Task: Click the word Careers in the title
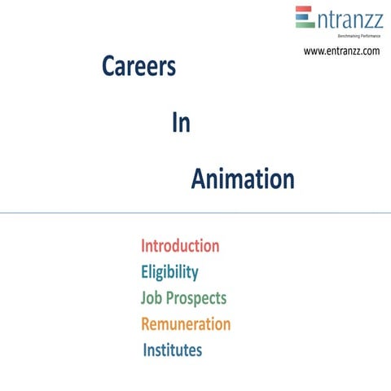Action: point(138,68)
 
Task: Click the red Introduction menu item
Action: point(180,245)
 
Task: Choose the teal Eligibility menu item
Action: point(169,271)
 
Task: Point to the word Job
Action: point(152,298)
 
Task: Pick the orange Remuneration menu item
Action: point(186,324)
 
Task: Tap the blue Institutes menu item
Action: point(173,351)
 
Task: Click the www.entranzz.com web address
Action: point(342,51)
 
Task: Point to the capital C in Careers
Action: point(108,68)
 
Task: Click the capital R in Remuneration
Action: point(146,324)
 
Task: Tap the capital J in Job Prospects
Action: point(144,298)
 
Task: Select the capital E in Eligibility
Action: point(145,271)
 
